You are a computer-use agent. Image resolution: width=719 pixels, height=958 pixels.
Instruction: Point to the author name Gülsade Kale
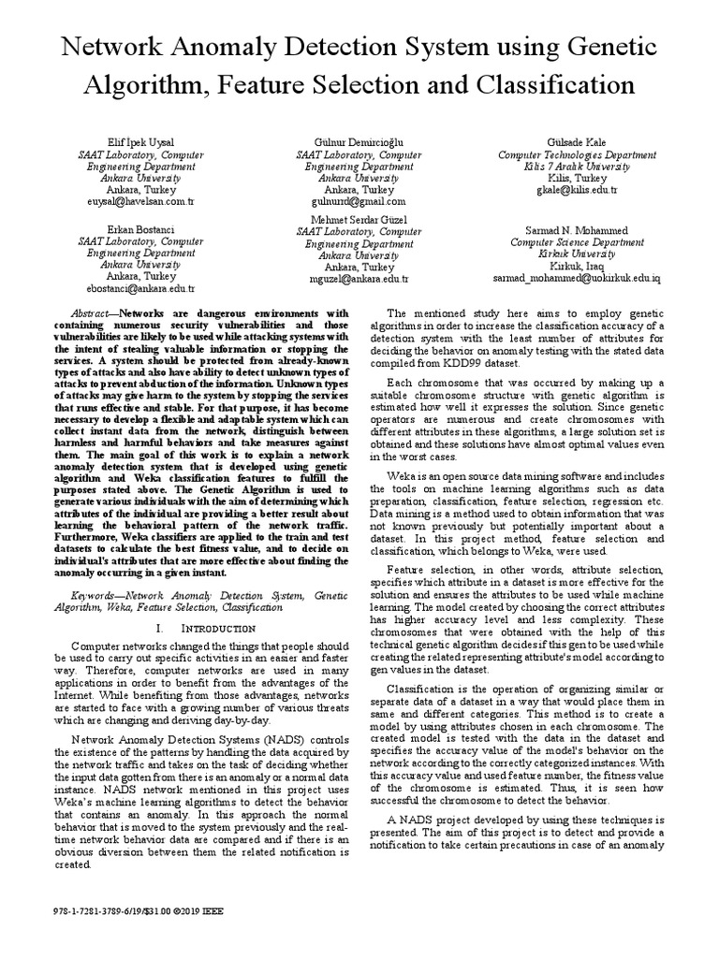click(x=577, y=141)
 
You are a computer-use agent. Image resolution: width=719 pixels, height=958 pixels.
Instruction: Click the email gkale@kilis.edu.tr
click(x=577, y=190)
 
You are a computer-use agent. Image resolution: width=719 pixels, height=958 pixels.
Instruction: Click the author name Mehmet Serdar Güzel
click(x=359, y=219)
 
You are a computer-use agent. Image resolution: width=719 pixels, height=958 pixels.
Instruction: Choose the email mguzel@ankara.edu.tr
click(x=359, y=279)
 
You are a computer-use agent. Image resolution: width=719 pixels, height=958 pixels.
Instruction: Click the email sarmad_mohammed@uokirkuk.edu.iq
click(x=577, y=278)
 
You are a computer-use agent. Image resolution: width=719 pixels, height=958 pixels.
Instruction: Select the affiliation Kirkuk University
click(x=577, y=254)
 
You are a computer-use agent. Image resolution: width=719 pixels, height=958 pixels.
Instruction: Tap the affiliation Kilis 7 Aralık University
click(x=577, y=166)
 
